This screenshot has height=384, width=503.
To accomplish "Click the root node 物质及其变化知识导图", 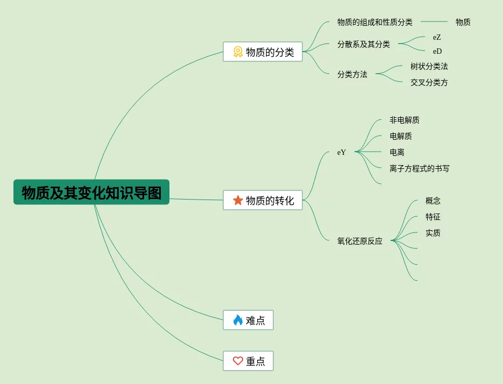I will click(x=91, y=192).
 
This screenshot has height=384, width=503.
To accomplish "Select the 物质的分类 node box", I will click(x=263, y=52).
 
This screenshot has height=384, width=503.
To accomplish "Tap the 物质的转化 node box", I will click(x=263, y=200).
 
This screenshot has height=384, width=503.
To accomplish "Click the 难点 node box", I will click(x=248, y=320).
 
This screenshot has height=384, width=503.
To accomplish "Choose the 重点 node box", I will click(x=248, y=361).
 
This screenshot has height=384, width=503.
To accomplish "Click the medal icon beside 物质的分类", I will click(x=238, y=52).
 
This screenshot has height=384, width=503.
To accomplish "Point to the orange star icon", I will click(x=238, y=200).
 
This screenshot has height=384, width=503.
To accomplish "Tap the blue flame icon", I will click(x=238, y=320).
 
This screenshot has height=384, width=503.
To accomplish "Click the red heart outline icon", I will click(x=238, y=361).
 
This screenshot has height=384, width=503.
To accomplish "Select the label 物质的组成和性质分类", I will click(x=375, y=22).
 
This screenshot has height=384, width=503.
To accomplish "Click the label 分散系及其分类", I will click(x=364, y=44).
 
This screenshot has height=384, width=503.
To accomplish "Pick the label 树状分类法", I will click(x=429, y=66).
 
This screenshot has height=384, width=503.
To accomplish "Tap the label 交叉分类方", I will click(x=429, y=82).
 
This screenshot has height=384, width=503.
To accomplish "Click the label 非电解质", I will click(x=405, y=120).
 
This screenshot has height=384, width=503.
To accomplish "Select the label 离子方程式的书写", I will click(x=419, y=168).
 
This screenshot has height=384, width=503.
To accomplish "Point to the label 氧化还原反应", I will click(x=360, y=241).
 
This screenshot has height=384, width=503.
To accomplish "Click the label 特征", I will click(x=433, y=217).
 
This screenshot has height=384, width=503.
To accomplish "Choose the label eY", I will click(x=342, y=152).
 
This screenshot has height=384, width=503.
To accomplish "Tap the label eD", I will click(x=437, y=51).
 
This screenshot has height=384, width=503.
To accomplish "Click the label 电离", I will click(x=397, y=152).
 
